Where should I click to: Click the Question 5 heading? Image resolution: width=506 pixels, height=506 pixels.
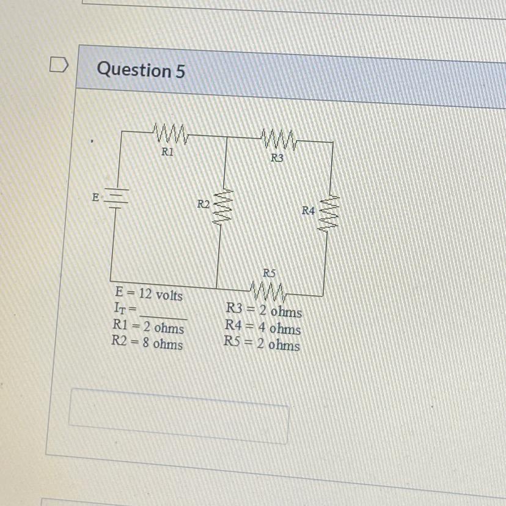141,70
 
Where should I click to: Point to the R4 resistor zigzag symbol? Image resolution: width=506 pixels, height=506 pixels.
327,212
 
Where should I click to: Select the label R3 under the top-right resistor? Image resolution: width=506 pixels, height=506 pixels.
277,158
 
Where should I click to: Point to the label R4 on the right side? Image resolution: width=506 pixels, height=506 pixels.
309,211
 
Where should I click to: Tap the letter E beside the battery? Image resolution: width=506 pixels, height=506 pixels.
95,197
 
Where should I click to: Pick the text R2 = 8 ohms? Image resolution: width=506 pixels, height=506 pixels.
147,343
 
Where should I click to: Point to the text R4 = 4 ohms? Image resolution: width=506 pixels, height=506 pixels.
263,329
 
